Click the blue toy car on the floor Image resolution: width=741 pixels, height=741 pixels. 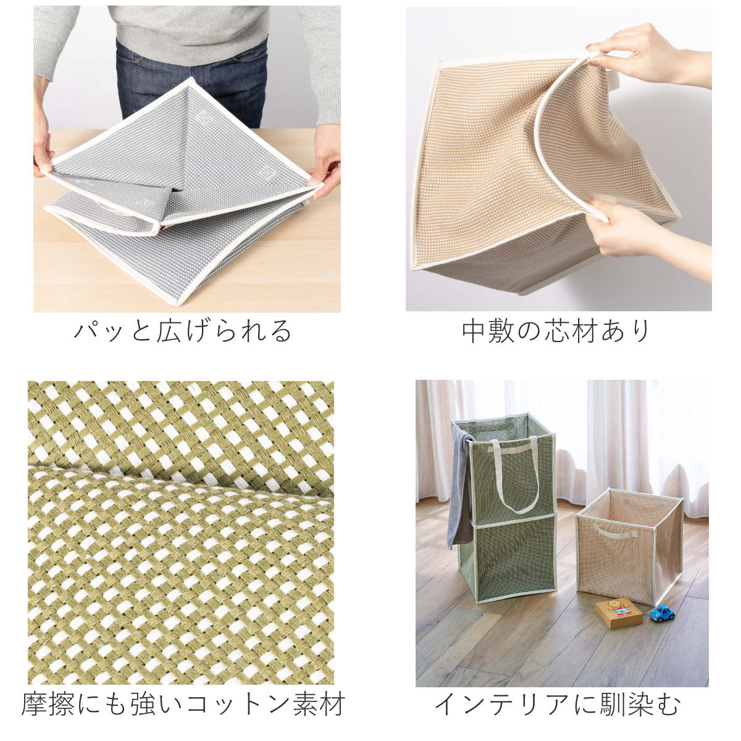(x=661, y=613)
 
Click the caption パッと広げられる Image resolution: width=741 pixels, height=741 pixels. (x=183, y=331)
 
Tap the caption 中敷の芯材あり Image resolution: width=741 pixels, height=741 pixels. (x=556, y=331)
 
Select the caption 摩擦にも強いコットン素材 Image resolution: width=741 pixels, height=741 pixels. (x=183, y=705)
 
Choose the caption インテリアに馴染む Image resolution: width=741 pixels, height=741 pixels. (x=558, y=705)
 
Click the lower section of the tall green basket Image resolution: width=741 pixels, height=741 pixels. (x=513, y=559)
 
